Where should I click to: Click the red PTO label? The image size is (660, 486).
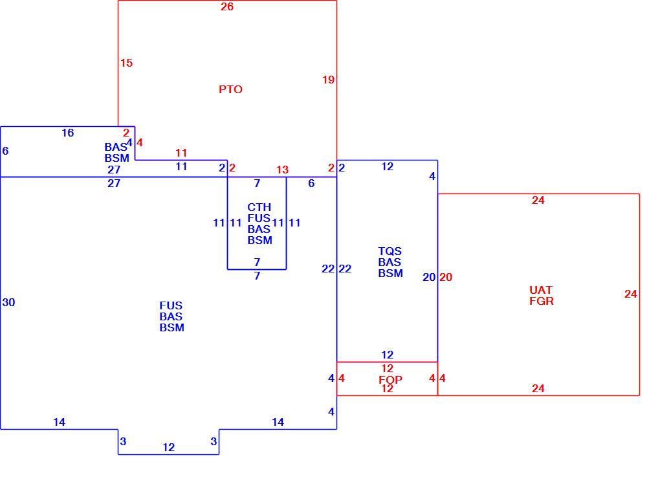(230, 89)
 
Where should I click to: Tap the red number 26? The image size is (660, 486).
(227, 6)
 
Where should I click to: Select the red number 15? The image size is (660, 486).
(126, 63)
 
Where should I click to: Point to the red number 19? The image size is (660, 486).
(328, 80)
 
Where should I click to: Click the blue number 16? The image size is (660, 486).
(67, 133)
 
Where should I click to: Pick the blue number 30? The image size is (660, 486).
(8, 302)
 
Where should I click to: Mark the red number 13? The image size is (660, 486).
(282, 170)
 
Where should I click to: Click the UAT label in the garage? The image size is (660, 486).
(540, 290)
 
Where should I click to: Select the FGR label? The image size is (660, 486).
(542, 301)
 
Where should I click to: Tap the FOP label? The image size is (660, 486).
(390, 379)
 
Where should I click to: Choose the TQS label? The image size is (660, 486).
(390, 252)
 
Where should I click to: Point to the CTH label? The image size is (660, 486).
(259, 208)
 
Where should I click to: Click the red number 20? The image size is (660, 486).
(446, 277)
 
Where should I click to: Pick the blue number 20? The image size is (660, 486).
(429, 277)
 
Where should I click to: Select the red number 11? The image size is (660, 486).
(181, 153)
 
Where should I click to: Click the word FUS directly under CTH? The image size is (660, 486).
(259, 219)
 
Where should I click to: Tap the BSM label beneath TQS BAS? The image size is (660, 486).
(390, 273)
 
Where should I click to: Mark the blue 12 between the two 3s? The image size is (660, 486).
(168, 447)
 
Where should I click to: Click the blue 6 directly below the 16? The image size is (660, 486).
(5, 151)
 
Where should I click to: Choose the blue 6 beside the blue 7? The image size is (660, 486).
(311, 183)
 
